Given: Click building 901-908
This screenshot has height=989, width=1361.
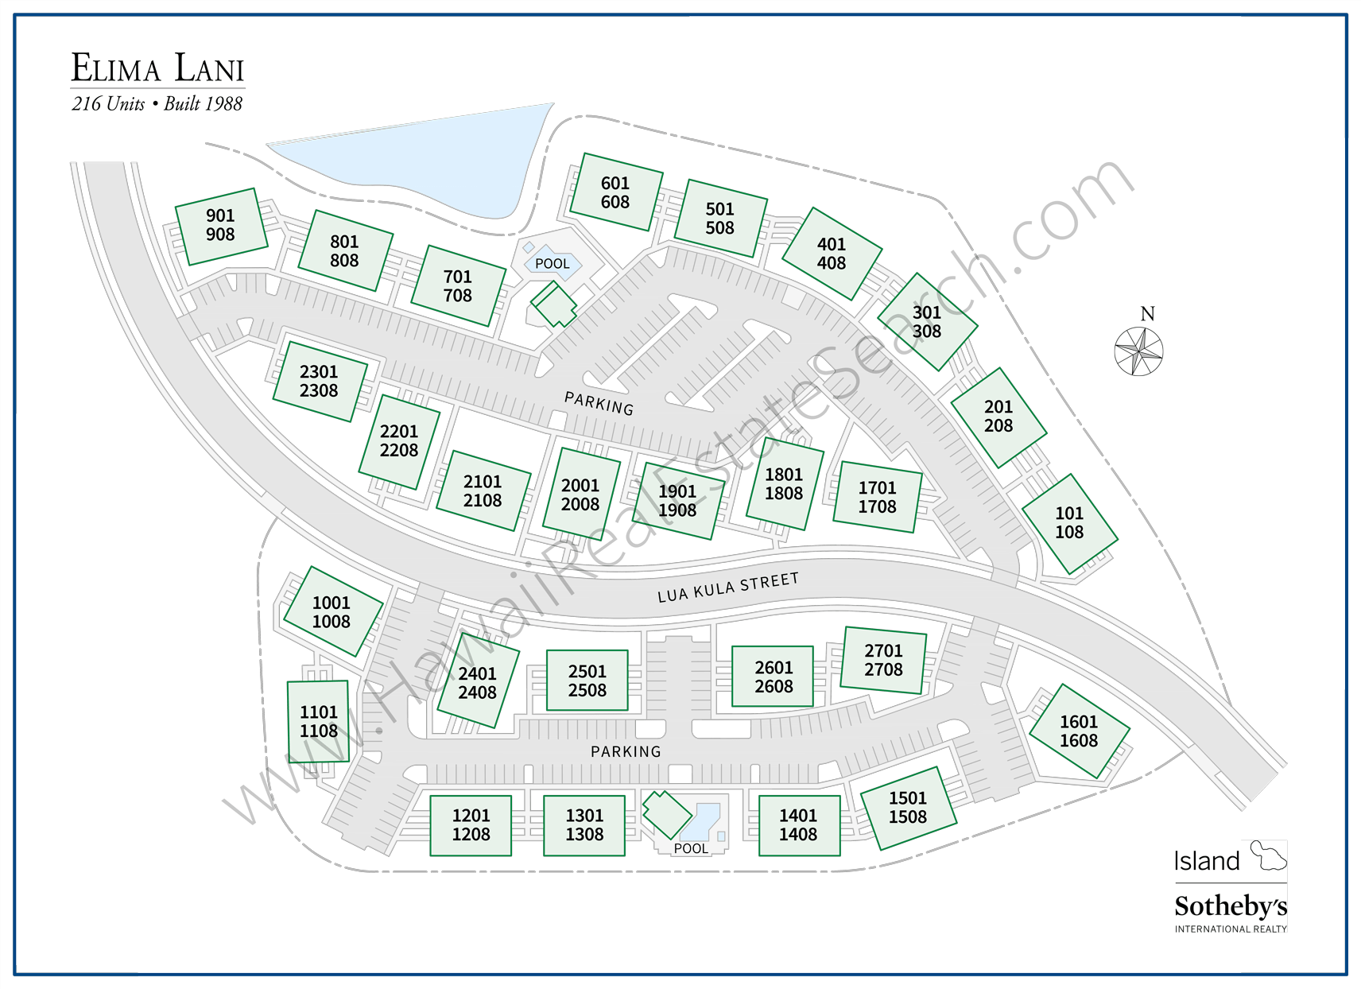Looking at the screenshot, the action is (x=220, y=226).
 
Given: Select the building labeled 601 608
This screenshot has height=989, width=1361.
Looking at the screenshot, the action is (x=615, y=192).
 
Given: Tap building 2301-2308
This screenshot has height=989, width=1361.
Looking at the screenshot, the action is (x=319, y=382).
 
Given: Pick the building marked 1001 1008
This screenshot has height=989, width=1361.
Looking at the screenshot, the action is (x=332, y=612).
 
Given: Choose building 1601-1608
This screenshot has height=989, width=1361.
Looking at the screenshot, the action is (x=1079, y=731).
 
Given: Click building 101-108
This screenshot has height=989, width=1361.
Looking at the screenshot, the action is (x=1069, y=523).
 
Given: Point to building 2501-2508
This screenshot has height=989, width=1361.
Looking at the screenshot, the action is (x=587, y=681).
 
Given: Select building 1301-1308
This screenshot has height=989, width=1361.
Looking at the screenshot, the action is (x=584, y=825).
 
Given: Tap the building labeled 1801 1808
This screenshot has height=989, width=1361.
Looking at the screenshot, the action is (x=784, y=484).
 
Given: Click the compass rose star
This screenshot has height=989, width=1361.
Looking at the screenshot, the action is (x=1138, y=351).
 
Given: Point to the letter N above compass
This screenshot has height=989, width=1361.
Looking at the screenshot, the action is (x=1147, y=314).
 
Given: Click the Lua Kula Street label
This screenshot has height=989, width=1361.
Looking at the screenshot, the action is (x=727, y=588).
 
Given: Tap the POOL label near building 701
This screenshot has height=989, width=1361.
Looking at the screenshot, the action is (x=552, y=264).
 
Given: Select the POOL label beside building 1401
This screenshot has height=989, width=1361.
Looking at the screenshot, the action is (x=691, y=848).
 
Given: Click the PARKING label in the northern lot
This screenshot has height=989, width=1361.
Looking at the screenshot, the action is (x=599, y=403).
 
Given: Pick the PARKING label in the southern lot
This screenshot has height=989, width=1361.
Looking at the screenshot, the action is (x=626, y=751).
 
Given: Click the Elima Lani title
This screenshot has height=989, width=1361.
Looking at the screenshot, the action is (x=157, y=68).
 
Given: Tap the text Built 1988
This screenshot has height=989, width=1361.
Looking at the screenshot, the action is (x=203, y=104).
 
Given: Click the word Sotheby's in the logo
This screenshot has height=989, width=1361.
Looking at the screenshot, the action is (x=1230, y=906).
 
